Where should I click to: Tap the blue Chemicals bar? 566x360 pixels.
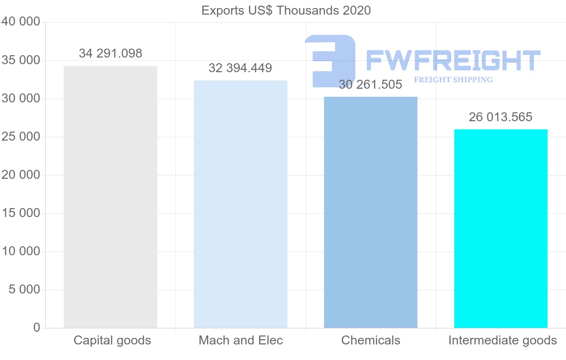pos(371,212)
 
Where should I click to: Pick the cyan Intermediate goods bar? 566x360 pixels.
pos(500,228)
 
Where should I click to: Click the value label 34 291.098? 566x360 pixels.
pos(110,54)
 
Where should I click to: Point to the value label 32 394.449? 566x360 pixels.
pos(241,68)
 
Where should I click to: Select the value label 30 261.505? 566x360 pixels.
pos(371,85)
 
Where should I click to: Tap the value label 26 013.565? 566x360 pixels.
pos(500,117)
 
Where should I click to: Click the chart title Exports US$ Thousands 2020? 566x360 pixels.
pos(286,10)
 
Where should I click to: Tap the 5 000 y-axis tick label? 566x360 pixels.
pos(25,290)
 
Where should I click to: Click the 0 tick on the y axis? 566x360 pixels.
pos(37,328)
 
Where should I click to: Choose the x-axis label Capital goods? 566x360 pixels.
pos(112,341)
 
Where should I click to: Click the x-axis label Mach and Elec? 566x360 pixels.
pos(241,341)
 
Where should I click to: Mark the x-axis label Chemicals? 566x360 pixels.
pos(371,341)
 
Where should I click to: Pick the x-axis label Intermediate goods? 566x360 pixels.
pos(503,341)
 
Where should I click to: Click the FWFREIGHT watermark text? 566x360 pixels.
pos(453,60)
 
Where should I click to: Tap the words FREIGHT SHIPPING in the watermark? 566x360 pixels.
pos(453,80)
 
